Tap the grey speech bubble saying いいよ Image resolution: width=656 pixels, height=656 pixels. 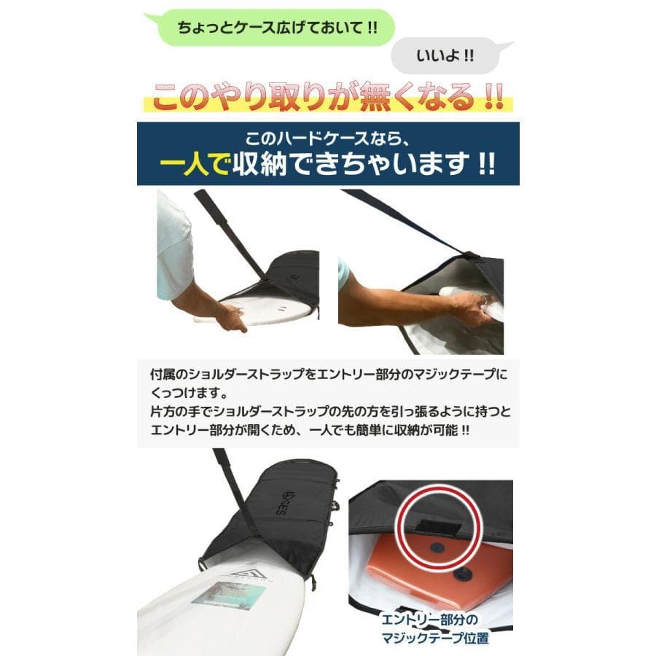point(445,55)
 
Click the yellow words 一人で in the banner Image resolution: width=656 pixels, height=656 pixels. point(194,164)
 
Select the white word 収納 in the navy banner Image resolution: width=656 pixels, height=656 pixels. point(259,164)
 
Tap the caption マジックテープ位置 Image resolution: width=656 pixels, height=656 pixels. point(435,638)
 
